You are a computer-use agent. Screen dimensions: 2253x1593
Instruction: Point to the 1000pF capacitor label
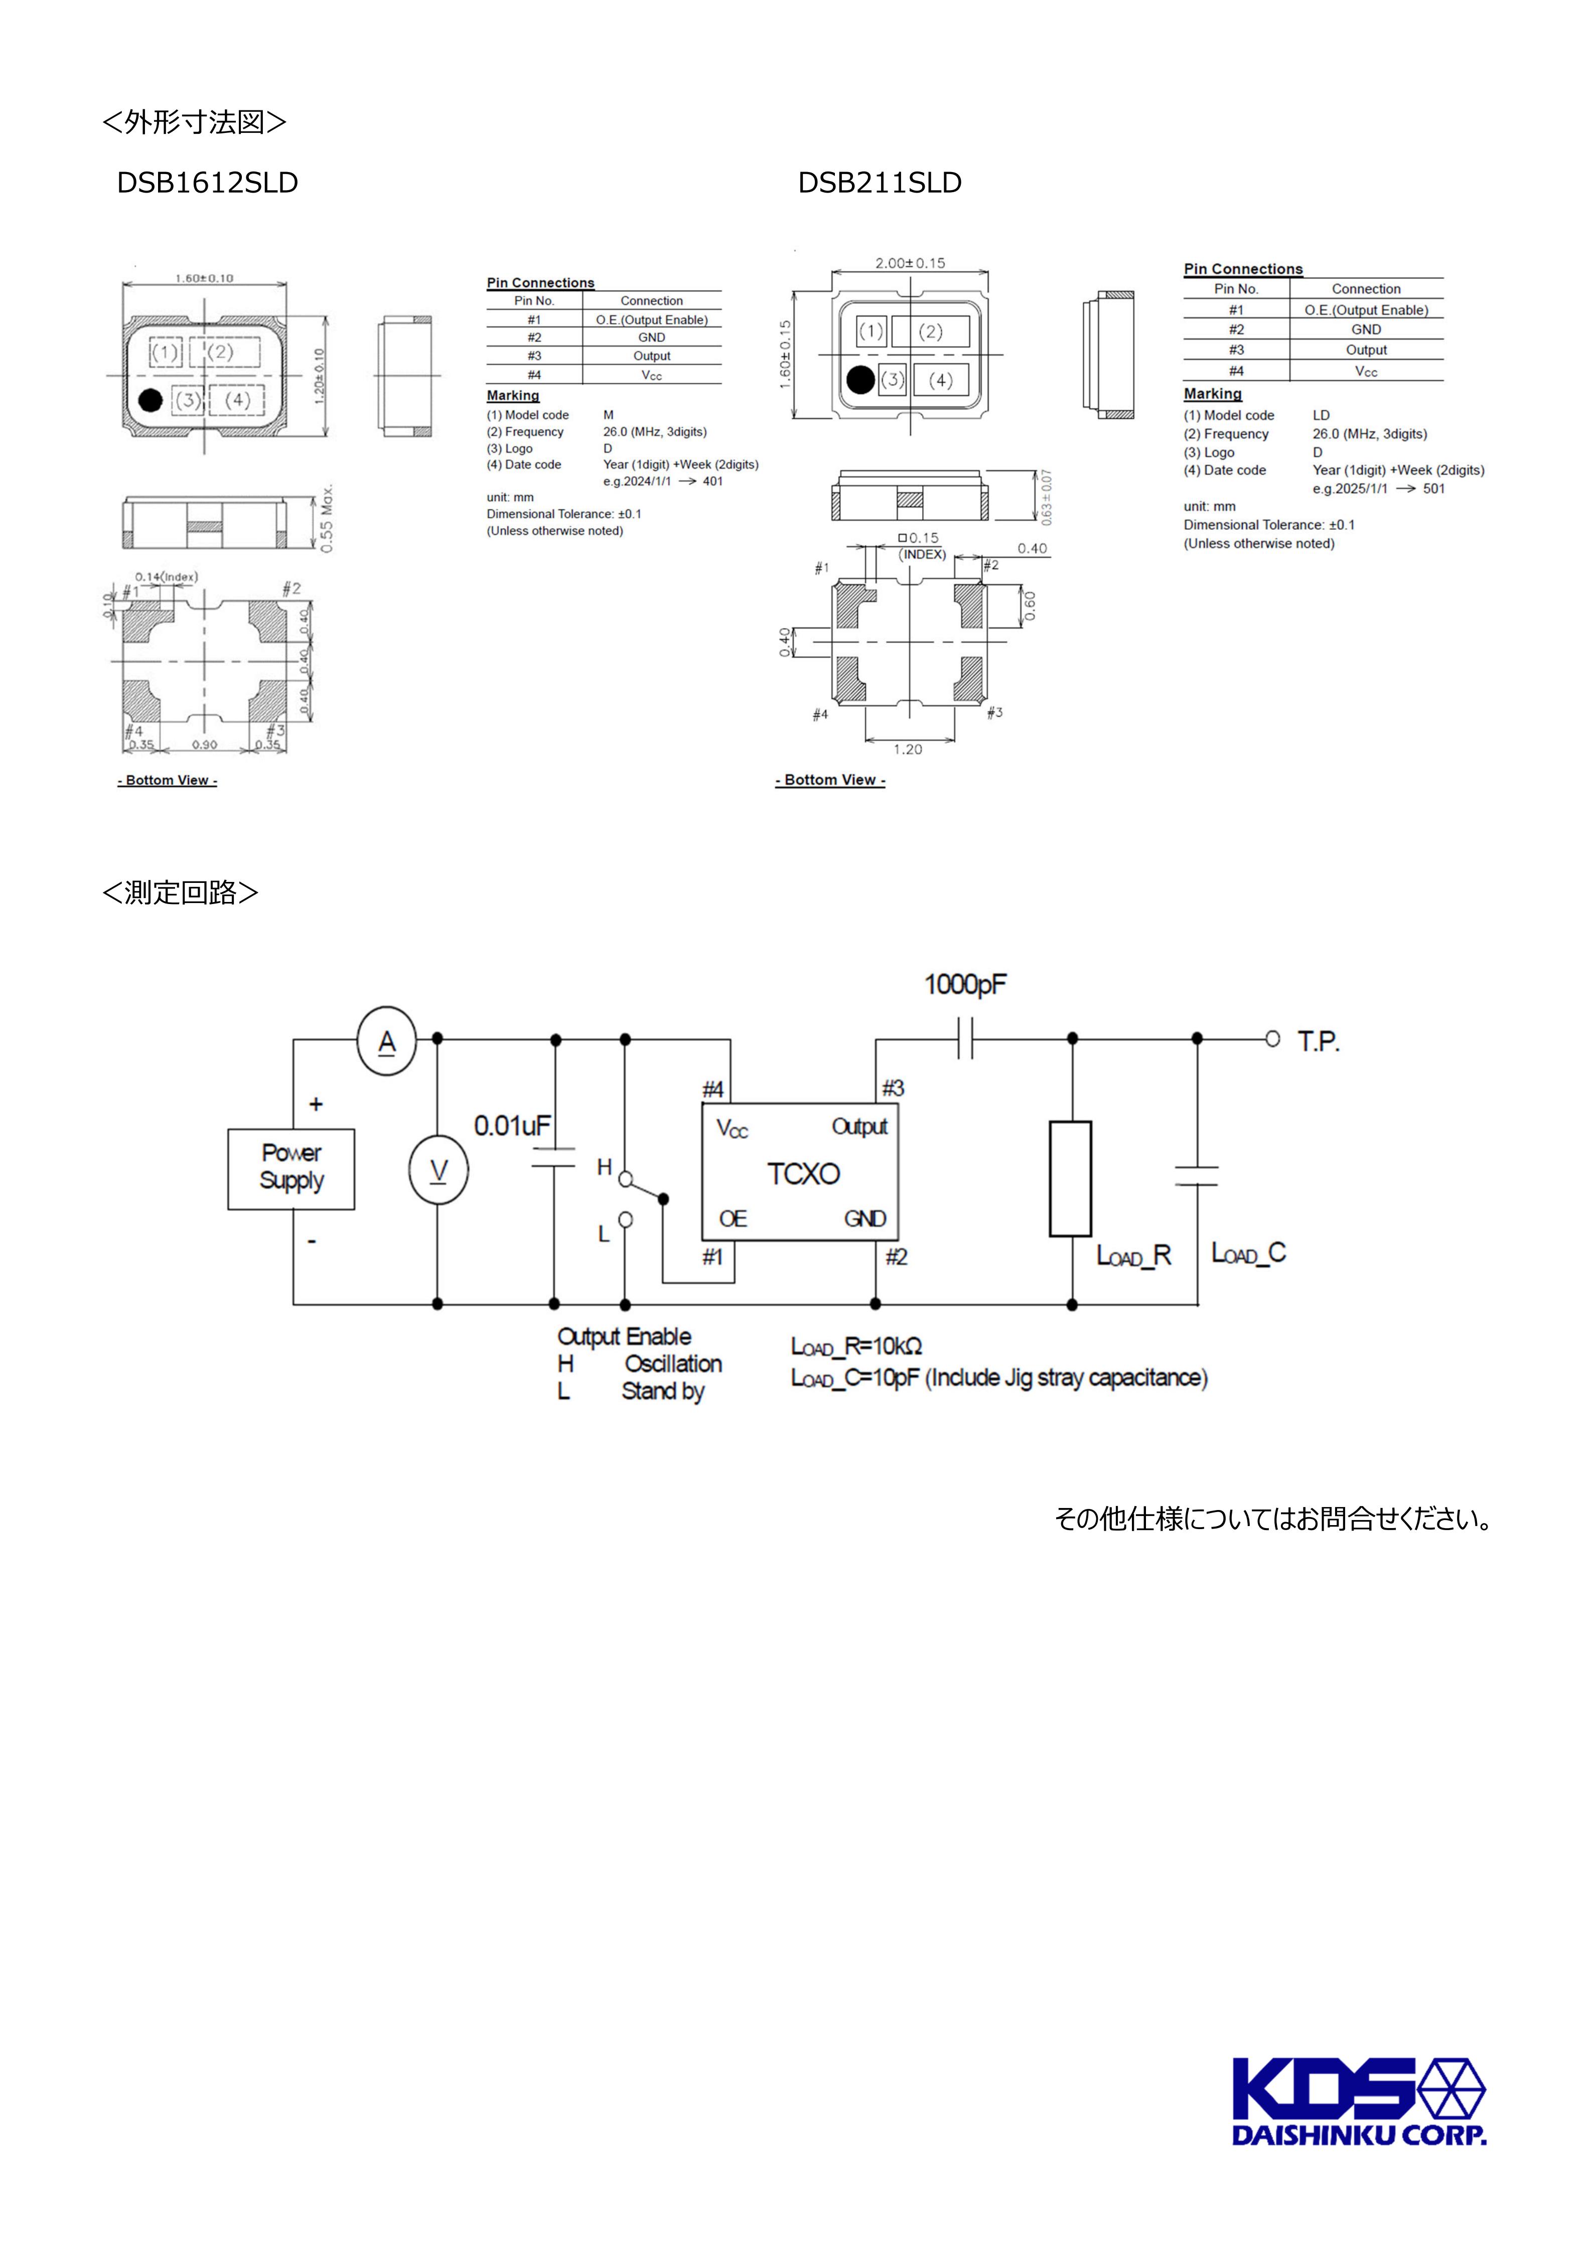965,984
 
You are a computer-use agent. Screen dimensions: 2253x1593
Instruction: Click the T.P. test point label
1318,1041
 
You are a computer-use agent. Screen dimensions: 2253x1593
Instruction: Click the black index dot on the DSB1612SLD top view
150,400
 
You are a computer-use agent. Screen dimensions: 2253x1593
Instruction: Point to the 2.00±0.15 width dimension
910,263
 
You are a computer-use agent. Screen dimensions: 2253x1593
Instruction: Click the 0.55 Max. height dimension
327,517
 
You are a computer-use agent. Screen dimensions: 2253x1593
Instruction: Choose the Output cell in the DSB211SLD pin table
1365,350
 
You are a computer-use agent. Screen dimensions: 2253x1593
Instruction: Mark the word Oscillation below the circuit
673,1364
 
